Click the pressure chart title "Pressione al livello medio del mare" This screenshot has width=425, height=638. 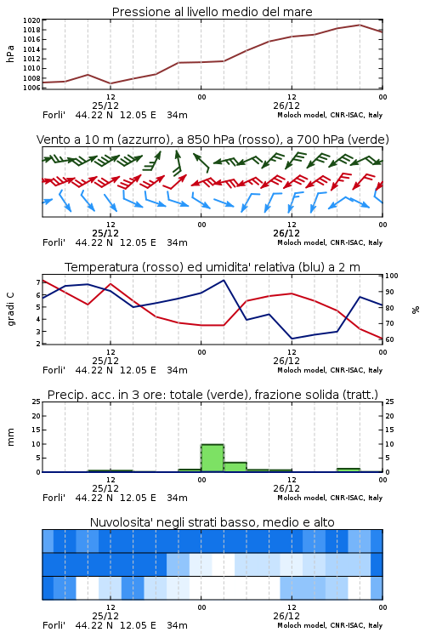212,12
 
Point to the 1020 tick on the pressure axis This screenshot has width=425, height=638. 31,20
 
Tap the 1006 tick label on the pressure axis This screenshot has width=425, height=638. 31,88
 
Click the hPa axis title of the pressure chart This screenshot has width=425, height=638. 10,54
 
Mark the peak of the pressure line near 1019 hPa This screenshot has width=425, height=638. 360,25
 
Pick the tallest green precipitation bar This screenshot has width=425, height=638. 212,459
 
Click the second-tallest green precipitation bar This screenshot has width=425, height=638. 235,467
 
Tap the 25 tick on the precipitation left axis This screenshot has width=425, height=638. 37,402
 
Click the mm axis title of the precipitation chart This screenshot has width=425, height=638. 10,437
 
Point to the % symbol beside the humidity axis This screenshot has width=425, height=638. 416,310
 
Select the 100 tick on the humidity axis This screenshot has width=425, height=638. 392,276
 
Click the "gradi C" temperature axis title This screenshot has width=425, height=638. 10,309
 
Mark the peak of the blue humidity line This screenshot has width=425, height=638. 224,280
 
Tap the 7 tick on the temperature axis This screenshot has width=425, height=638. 38,282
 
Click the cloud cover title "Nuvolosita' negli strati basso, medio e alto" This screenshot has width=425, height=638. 212,522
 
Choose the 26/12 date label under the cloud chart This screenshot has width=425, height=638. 286,616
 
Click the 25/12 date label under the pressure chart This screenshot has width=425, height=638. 105,105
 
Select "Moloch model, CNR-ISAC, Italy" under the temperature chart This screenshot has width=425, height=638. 330,370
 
